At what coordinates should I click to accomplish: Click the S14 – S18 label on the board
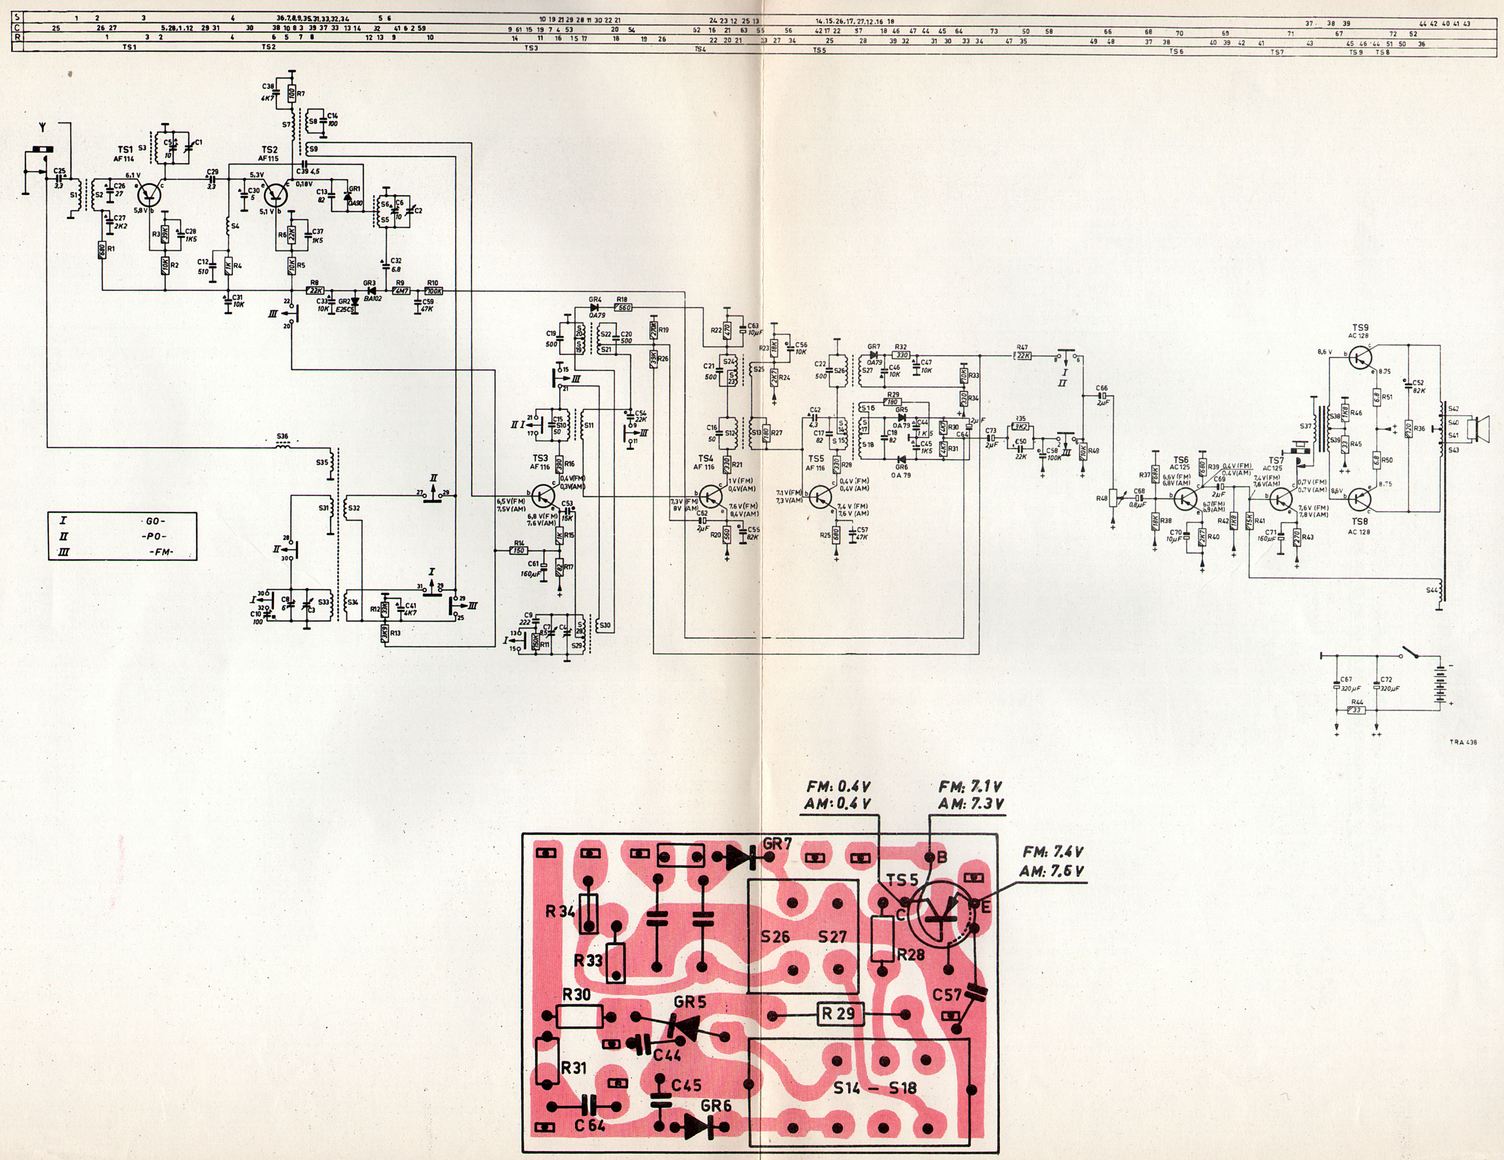tap(874, 1088)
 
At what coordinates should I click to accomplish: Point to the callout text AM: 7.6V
tap(1051, 872)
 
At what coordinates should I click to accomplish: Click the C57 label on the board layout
tap(947, 995)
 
